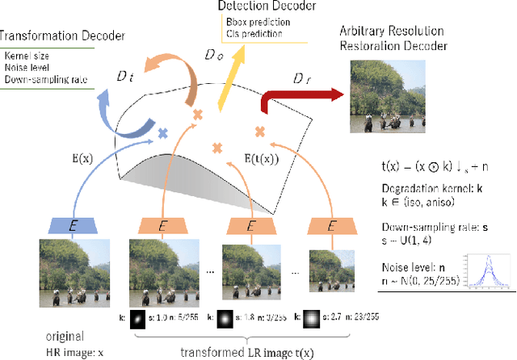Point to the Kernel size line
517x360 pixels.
[x=26, y=56]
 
